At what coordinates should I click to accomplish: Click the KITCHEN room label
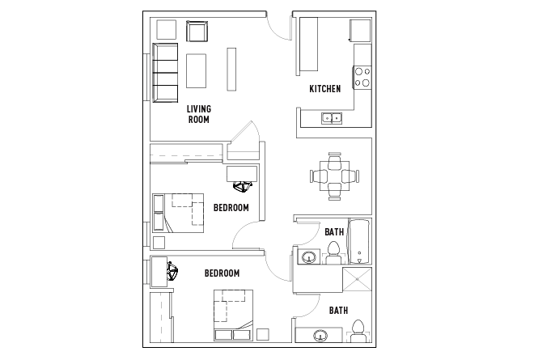325,89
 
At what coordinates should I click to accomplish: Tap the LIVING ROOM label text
199,114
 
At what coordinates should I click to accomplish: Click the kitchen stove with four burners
362,78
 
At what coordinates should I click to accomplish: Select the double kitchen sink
332,118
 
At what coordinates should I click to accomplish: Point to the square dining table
334,176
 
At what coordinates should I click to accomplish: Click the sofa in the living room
165,73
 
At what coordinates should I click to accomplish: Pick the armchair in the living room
197,32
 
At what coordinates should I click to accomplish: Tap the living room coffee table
196,71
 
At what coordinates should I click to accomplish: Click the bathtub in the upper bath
359,241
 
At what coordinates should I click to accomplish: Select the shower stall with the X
357,279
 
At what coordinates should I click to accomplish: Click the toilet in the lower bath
358,331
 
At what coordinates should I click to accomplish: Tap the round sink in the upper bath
309,256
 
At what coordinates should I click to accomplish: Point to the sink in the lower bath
320,336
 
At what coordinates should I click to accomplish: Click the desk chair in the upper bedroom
243,187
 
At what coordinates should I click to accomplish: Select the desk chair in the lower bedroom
172,271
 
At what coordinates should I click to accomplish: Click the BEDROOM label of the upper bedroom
231,208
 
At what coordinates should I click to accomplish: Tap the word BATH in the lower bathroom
338,311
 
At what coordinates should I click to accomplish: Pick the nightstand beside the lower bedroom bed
263,334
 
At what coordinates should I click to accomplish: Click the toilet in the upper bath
333,253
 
